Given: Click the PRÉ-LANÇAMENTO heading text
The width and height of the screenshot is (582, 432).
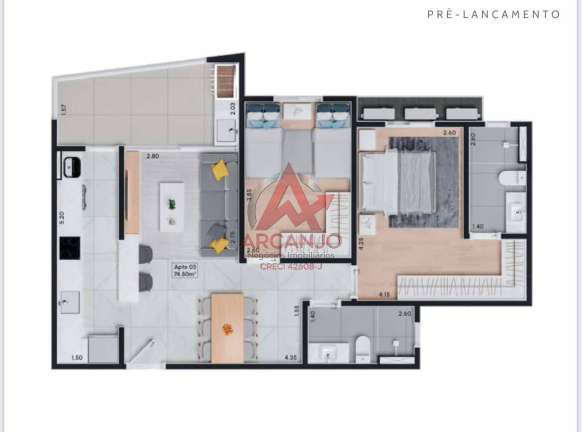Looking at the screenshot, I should (493, 14).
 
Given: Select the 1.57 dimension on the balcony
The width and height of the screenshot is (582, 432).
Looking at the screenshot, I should (63, 110).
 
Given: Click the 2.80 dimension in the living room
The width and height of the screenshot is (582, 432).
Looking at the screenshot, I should (152, 156).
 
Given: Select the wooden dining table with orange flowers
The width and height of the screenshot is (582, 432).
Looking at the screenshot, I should (227, 328).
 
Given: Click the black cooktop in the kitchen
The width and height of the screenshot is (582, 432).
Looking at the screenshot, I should (70, 248).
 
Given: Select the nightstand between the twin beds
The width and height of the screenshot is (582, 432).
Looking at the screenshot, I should (296, 111).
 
